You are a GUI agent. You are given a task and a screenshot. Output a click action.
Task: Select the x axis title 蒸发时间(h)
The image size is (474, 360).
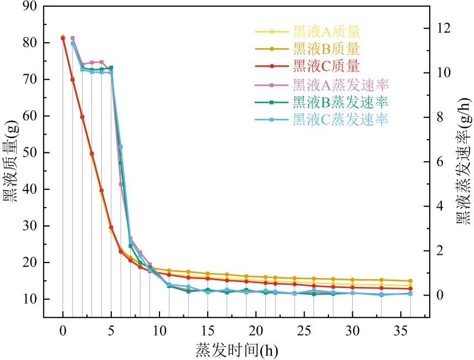(x=236, y=350)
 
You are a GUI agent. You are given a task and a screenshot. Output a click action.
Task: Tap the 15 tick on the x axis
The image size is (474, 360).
(x=208, y=330)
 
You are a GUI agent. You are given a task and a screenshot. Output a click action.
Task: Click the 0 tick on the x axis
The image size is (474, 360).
(x=63, y=330)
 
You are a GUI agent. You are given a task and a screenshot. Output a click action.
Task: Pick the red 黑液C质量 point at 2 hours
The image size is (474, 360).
(x=82, y=117)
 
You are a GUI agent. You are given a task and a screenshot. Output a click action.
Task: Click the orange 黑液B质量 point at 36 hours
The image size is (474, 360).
(x=410, y=281)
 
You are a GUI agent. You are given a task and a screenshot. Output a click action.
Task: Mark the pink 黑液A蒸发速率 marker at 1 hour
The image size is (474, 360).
(x=73, y=38)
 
